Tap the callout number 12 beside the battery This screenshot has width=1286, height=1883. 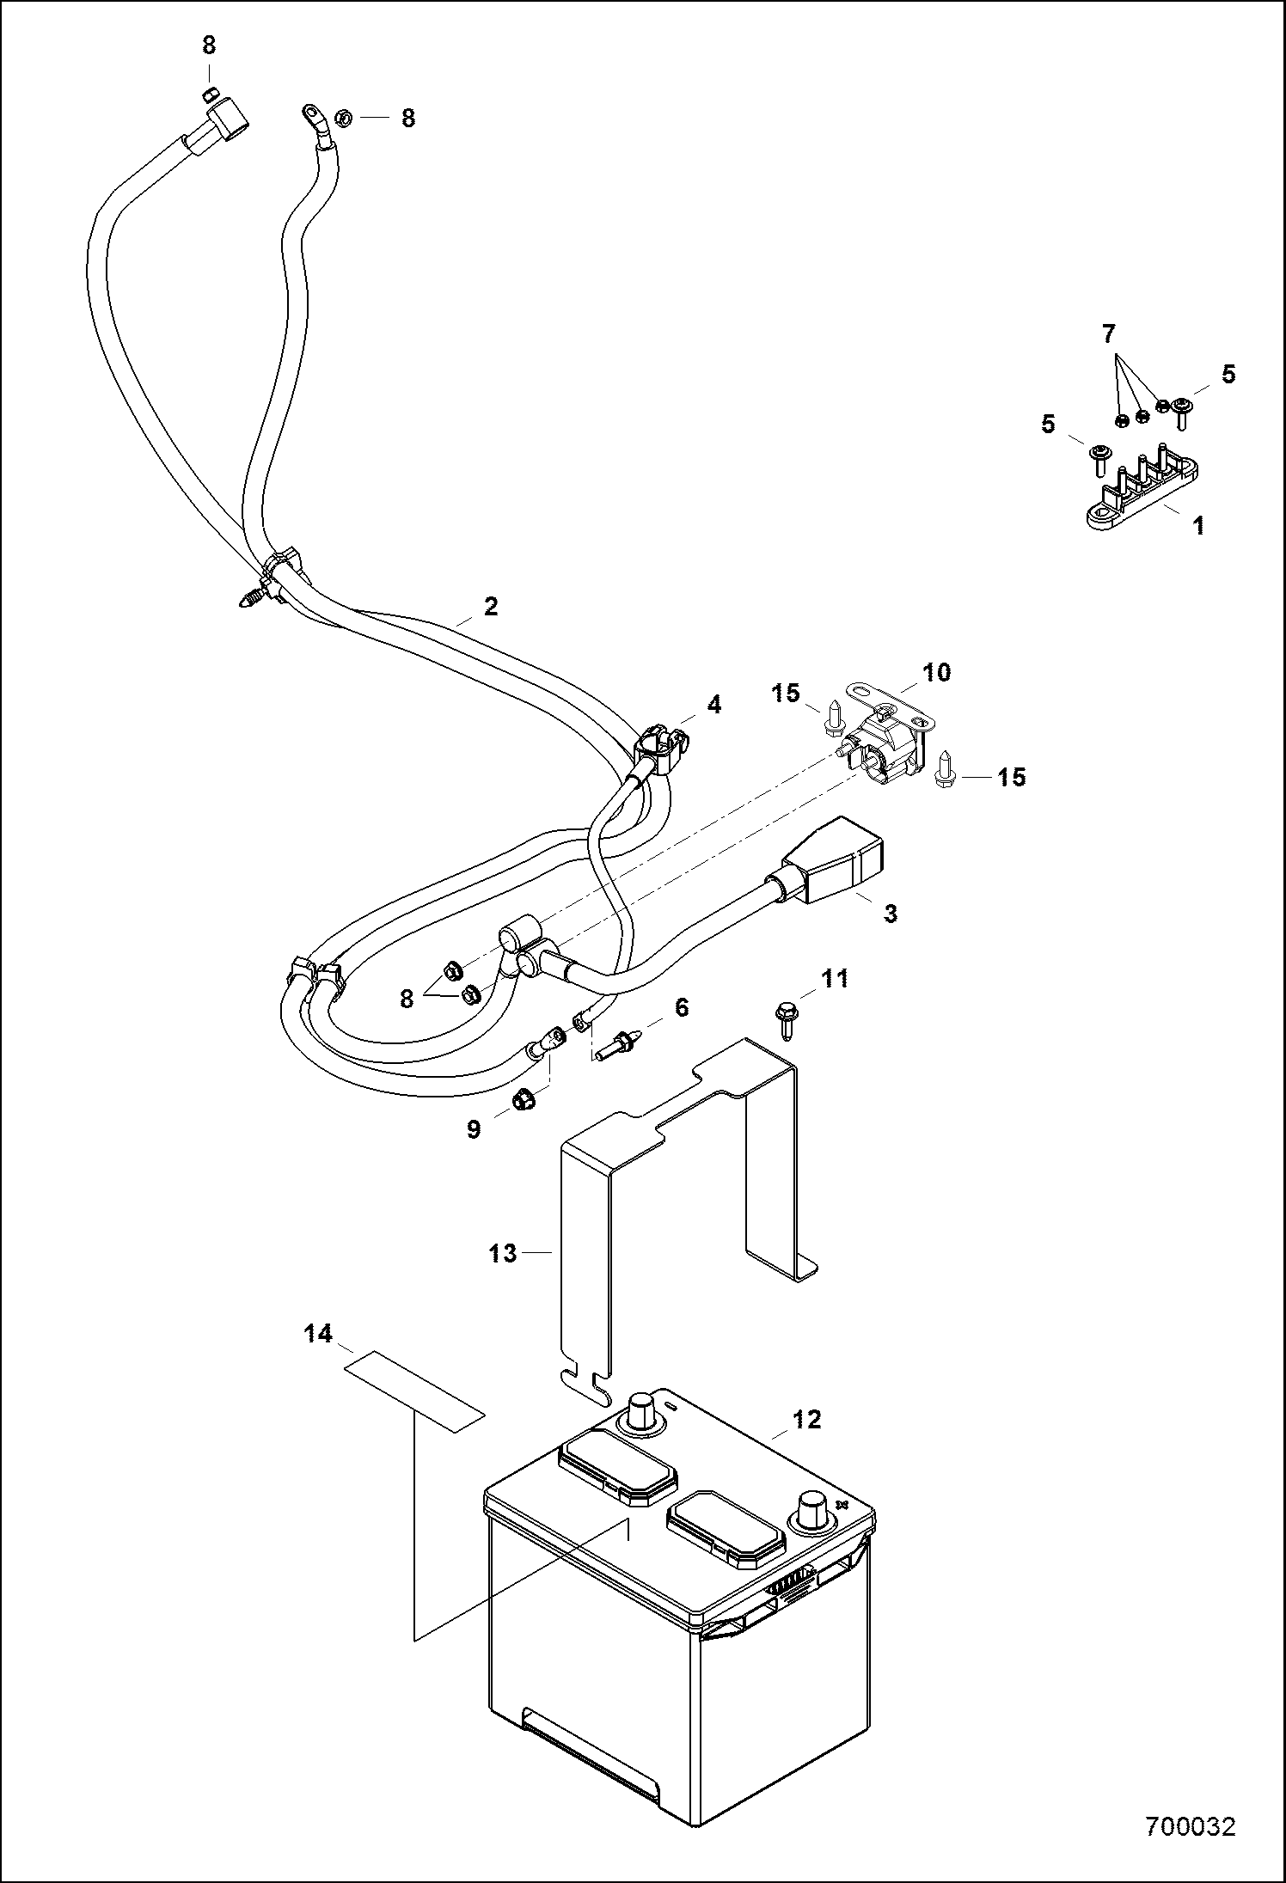coord(807,1419)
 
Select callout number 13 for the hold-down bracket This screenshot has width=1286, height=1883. coord(503,1254)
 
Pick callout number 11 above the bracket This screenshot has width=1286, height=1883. coord(835,977)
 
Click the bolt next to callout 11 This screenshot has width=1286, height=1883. coord(786,1018)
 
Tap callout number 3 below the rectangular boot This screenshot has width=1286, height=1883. coord(891,914)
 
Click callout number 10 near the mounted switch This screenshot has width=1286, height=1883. coord(937,671)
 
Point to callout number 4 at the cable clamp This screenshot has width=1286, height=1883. coord(714,705)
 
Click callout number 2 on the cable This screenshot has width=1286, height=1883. coord(491,607)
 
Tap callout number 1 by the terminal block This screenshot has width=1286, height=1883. coord(1198,525)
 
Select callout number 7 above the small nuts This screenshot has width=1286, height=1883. coord(1110,333)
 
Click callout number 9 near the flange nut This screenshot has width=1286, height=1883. coord(474,1128)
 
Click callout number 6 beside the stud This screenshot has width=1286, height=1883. coord(682,1006)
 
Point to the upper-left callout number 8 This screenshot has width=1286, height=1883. coord(209,46)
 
